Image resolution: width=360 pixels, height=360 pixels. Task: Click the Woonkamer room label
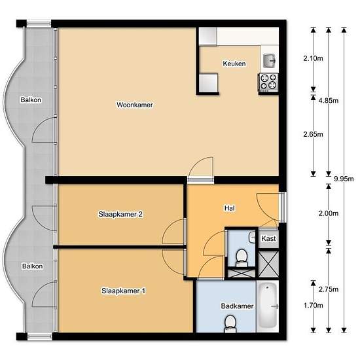click(x=135, y=105)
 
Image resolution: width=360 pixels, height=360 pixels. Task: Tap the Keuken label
click(x=234, y=63)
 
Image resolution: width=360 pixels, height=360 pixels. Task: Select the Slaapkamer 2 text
click(x=120, y=214)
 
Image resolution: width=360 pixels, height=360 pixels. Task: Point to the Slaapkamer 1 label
click(x=123, y=291)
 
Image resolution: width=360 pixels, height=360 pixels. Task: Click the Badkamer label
click(x=237, y=306)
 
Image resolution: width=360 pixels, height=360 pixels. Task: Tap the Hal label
click(x=230, y=208)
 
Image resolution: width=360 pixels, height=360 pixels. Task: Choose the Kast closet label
click(x=268, y=238)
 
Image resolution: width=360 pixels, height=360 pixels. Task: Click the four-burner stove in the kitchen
click(x=268, y=82)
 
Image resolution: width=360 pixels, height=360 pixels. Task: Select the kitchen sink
click(x=269, y=61)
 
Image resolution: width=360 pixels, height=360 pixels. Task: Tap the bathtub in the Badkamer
click(x=268, y=306)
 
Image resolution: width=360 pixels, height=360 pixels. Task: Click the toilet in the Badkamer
click(x=230, y=324)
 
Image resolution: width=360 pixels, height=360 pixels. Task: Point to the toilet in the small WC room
click(x=242, y=258)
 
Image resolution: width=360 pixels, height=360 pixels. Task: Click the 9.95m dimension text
click(x=344, y=179)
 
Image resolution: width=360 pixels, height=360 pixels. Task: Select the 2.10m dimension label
click(x=313, y=58)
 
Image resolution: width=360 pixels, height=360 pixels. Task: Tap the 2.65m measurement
click(x=313, y=134)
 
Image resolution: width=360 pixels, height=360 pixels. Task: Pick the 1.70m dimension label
click(x=313, y=306)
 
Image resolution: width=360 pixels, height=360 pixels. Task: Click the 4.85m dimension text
click(x=329, y=101)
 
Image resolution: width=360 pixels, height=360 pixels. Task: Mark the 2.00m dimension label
click(x=329, y=213)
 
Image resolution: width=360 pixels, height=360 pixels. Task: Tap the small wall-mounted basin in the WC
click(x=252, y=237)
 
